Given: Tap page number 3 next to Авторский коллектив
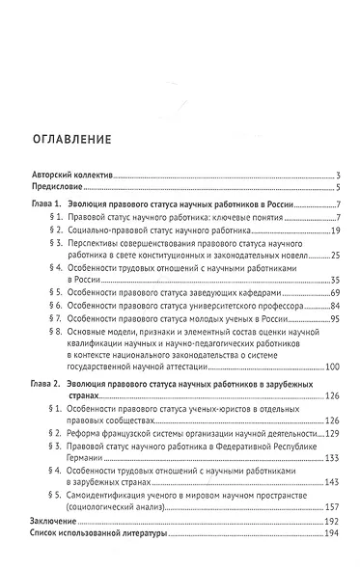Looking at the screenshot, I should tap(339, 176).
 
